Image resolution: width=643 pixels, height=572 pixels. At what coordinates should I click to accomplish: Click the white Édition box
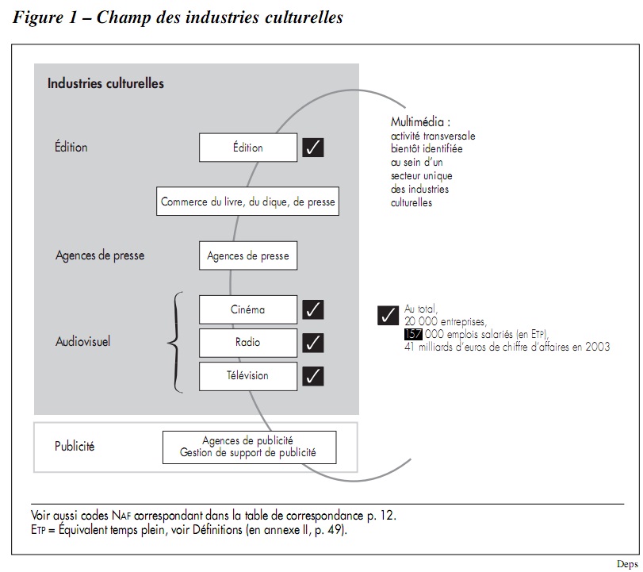pyautogui.click(x=247, y=148)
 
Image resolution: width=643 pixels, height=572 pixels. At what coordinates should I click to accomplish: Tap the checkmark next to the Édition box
pyautogui.click(x=313, y=148)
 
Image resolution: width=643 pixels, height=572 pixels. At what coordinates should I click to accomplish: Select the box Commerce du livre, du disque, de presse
pyautogui.click(x=247, y=202)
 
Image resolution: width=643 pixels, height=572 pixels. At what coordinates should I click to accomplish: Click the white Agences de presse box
pyautogui.click(x=247, y=256)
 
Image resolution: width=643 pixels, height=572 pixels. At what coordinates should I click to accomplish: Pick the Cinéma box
pyautogui.click(x=247, y=309)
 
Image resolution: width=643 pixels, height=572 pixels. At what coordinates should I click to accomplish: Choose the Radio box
pyautogui.click(x=247, y=343)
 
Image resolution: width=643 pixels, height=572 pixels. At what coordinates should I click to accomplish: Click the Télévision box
pyautogui.click(x=247, y=375)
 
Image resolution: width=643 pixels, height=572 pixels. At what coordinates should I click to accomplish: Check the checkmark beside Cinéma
pyautogui.click(x=314, y=309)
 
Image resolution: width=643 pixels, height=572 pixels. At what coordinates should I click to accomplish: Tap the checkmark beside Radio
pyautogui.click(x=314, y=343)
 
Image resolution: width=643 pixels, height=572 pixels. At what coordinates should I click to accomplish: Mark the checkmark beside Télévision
pyautogui.click(x=314, y=375)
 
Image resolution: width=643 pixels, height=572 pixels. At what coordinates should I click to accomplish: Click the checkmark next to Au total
pyautogui.click(x=388, y=315)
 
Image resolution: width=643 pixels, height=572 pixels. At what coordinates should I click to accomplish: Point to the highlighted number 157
pyautogui.click(x=413, y=334)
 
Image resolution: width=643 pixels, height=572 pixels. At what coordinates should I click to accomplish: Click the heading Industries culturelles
pyautogui.click(x=105, y=83)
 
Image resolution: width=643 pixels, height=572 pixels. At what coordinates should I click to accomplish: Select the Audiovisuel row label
pyautogui.click(x=82, y=343)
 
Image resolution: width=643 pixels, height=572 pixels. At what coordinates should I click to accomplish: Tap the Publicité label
pyautogui.click(x=75, y=447)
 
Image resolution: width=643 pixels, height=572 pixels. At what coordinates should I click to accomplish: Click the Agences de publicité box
pyautogui.click(x=249, y=447)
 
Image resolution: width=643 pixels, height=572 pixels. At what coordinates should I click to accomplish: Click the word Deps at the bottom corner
pyautogui.click(x=627, y=564)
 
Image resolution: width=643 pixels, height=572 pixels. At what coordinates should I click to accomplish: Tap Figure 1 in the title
pyautogui.click(x=47, y=17)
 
